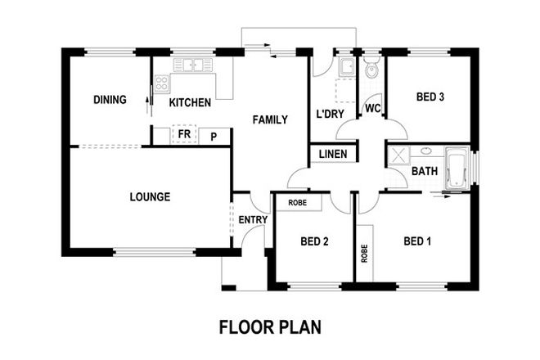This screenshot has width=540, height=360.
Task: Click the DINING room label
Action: pos(110,101)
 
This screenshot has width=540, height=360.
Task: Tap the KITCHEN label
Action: pos(190,103)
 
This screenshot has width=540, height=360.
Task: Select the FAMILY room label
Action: pos(269,120)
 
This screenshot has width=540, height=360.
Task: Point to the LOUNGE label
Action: pos(150,197)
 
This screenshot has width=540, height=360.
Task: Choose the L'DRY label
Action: pos(330,114)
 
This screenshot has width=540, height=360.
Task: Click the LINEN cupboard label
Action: pos(332,154)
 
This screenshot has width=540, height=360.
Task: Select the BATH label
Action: pos(424,172)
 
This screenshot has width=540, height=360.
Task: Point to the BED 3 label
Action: pos(430,97)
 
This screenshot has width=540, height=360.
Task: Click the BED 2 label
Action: pos(314,241)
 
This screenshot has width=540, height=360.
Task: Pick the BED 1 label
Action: pos(417,241)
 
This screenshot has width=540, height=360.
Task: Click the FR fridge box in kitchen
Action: pos(184,134)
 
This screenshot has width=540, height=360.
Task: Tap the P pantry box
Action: pos(214,137)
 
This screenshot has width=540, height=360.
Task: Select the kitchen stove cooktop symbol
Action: pos(161,82)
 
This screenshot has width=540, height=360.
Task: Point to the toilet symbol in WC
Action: pos(372,72)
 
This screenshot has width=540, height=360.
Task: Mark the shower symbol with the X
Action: pos(398,157)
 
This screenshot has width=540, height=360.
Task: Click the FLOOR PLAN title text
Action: pos(270,327)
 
